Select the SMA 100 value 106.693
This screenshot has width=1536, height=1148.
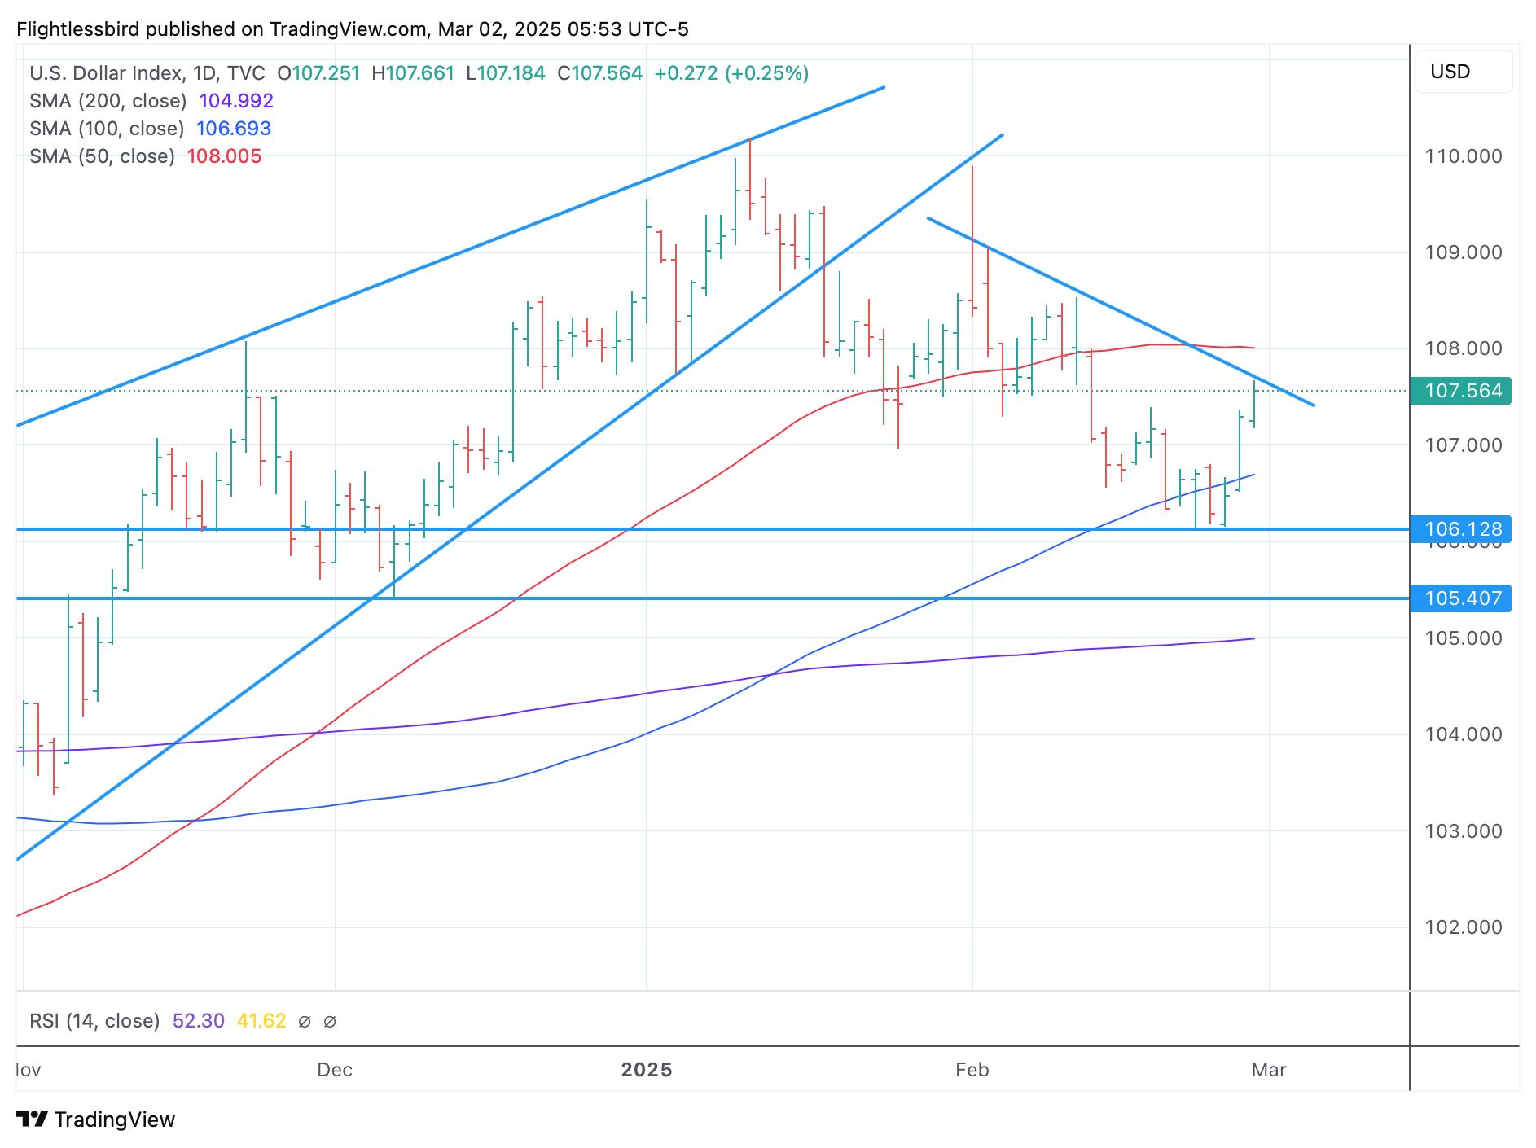coord(234,129)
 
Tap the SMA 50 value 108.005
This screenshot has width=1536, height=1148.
coord(224,156)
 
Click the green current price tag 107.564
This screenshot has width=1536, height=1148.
coord(1463,391)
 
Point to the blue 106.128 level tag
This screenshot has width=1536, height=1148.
coord(1463,529)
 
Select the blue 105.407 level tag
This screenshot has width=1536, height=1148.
coord(1463,598)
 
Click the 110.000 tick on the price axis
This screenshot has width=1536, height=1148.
coord(1463,156)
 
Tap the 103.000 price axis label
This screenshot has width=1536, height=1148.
coord(1463,831)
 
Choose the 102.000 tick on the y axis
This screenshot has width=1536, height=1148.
coord(1463,927)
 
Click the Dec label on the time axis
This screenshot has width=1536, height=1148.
coord(335,1070)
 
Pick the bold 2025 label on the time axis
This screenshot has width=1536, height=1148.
coord(647,1070)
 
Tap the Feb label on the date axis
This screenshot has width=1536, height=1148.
coord(972,1070)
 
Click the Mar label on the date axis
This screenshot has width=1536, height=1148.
coord(1269,1070)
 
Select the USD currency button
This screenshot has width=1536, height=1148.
coord(1450,72)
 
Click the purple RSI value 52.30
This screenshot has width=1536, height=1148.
coord(199,1021)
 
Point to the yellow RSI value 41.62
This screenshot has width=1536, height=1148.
coord(261,1021)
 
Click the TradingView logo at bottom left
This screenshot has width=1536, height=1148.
coord(96,1120)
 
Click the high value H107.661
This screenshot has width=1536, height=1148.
coord(413,73)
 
